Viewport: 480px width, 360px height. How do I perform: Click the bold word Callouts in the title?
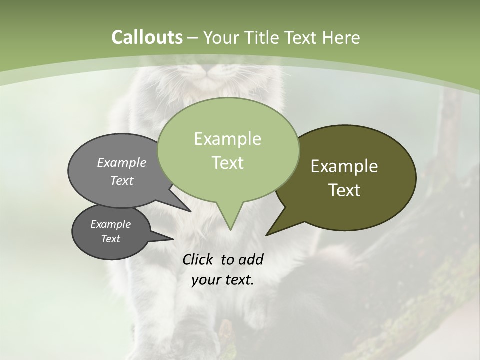pos(147,37)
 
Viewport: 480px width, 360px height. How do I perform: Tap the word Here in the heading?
pos(341,37)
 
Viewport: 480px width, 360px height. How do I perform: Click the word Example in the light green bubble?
pos(227,139)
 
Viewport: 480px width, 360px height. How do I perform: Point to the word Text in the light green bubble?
pos(227,163)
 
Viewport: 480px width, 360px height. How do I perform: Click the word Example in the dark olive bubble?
pos(344,166)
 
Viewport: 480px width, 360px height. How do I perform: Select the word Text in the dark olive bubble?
pos(344,190)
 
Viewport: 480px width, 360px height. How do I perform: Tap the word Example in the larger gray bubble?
pos(122,162)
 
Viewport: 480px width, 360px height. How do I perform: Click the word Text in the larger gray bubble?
pos(122,180)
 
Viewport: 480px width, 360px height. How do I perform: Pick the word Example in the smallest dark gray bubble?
pos(110,224)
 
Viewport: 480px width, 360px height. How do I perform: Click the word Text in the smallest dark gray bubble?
pos(110,239)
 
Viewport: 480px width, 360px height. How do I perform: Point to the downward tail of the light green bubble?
pos(230,220)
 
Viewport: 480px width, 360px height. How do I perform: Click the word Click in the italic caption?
pos(198,259)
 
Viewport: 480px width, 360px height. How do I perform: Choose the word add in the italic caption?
pos(250,259)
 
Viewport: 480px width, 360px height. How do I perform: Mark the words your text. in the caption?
pos(223,280)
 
